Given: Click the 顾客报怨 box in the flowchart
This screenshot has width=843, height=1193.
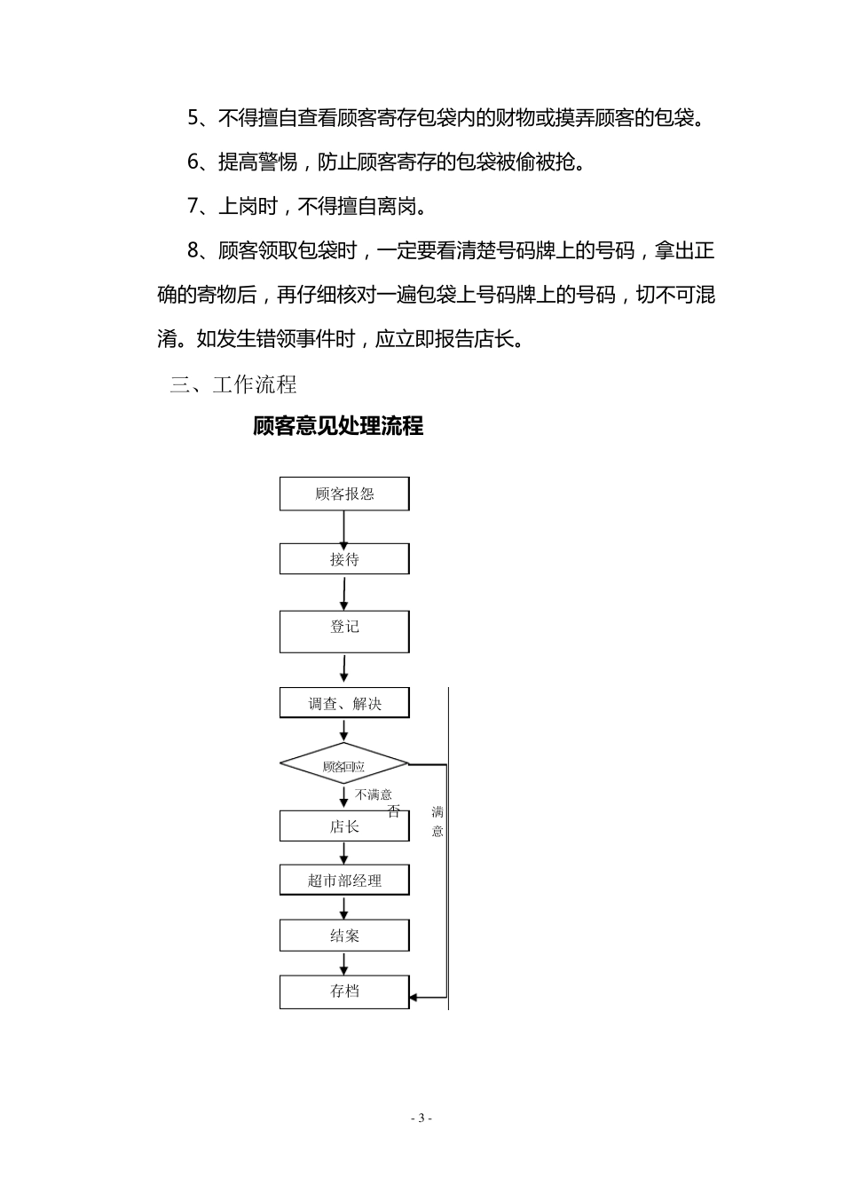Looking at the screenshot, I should click(344, 494).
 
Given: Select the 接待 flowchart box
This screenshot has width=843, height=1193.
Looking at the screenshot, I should click(344, 559).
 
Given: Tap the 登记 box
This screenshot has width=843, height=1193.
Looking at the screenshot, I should click(344, 631).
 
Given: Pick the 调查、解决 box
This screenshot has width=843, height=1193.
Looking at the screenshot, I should click(344, 703).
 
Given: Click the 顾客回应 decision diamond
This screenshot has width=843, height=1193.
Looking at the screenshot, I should click(344, 764).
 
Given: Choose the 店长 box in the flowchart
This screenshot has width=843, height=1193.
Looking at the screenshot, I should click(344, 826).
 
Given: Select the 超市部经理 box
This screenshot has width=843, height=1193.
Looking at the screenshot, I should click(344, 881).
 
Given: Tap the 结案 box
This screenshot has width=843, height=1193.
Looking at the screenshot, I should click(344, 936).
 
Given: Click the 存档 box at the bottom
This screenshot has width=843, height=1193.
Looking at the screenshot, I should click(344, 992).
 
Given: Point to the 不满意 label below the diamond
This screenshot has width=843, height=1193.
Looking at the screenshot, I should click(374, 794).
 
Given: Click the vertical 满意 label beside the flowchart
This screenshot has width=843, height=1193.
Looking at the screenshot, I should click(437, 821).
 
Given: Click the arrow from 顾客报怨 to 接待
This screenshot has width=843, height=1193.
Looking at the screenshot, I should click(344, 527).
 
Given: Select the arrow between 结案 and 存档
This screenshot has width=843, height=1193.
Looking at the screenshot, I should click(344, 964).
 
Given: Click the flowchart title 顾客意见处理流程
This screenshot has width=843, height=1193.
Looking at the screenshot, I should click(338, 426).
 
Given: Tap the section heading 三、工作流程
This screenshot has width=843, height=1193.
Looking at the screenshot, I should click(233, 384).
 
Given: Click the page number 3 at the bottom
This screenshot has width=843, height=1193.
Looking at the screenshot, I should click(422, 1118).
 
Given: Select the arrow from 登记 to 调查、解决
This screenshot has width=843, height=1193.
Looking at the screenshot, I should click(344, 668).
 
